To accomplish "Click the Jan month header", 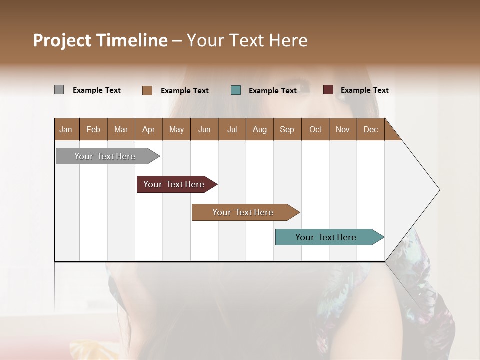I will (66, 129).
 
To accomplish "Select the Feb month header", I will (93, 129).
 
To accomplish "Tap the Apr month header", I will (149, 129).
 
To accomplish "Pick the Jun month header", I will (204, 129).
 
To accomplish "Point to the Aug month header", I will (260, 129).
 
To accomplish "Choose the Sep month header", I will (287, 129).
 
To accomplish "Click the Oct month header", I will (315, 129).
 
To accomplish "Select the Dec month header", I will (371, 129).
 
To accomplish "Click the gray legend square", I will (59, 90).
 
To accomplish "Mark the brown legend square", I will (147, 90).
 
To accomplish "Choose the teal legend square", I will (236, 90).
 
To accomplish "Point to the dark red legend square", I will (328, 90).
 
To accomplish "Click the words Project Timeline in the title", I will (100, 40).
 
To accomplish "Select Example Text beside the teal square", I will (273, 91).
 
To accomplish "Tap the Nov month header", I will (343, 129).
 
